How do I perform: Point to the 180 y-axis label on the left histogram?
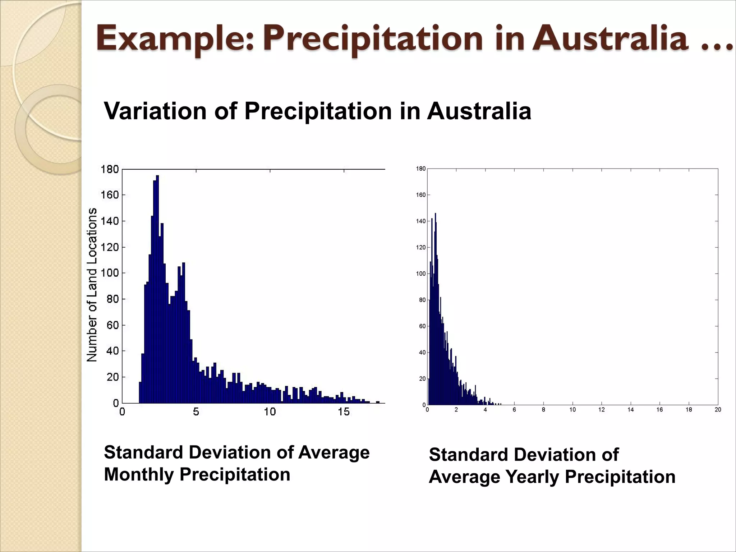tap(110, 169)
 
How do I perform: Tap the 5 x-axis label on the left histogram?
tap(196, 412)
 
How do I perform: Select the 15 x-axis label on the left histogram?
tap(344, 412)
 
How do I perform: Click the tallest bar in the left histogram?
tap(157, 287)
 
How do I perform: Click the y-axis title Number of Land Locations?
tap(92, 285)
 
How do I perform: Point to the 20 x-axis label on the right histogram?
tap(718, 410)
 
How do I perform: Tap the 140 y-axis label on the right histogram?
tap(421, 221)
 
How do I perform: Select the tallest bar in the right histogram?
tap(436, 309)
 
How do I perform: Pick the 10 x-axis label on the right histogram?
tap(572, 410)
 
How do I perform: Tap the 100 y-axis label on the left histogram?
tap(110, 273)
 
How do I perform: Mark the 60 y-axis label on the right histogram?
tap(422, 326)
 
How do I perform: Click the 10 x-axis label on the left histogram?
tap(270, 412)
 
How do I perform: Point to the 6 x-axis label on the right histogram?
tap(514, 410)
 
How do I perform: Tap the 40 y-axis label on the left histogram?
tap(112, 351)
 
